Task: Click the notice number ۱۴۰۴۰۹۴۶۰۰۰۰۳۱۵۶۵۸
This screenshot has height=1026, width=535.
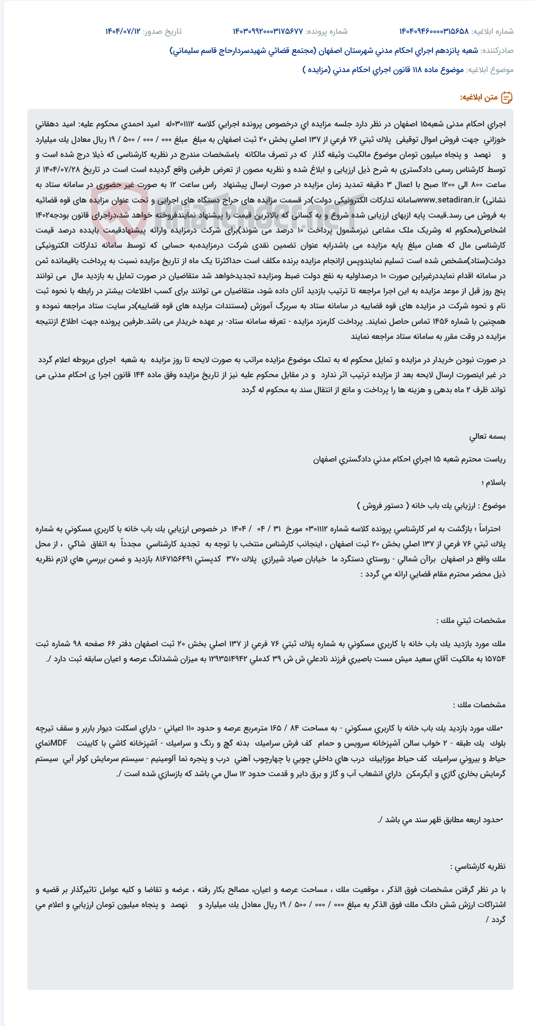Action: tap(433, 31)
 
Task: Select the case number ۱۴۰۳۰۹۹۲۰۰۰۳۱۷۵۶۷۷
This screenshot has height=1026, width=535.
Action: tap(267, 31)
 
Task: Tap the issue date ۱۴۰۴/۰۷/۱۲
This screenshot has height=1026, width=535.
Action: tap(123, 31)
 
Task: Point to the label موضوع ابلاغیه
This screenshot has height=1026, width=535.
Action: tap(490, 70)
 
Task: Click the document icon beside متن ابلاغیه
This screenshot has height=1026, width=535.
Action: tap(507, 98)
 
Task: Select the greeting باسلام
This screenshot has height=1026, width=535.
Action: tap(493, 482)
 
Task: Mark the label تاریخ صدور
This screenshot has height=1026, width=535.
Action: tap(162, 31)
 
